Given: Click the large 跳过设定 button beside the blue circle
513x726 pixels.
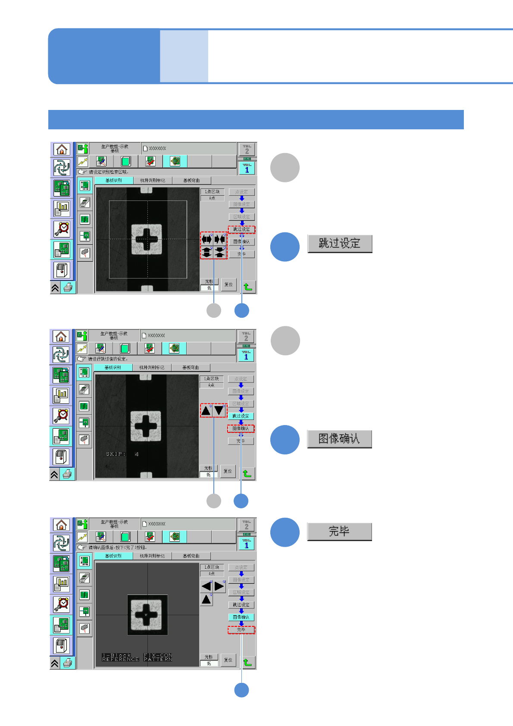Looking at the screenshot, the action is (340, 244).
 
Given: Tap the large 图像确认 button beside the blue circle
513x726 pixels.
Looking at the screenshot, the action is (339, 439).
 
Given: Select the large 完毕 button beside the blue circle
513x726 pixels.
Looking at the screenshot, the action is (339, 532).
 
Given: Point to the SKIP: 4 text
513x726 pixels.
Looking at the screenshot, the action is (122, 454).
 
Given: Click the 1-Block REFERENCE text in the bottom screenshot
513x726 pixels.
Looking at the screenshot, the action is (120, 657).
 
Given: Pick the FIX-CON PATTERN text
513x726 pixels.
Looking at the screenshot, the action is (158, 657).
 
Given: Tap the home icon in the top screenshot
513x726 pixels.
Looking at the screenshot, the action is (62, 149).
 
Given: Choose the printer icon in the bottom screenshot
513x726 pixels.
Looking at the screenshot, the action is (68, 663).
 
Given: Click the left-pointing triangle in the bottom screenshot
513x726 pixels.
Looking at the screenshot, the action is (206, 586).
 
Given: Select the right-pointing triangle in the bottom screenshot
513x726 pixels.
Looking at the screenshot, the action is (219, 586).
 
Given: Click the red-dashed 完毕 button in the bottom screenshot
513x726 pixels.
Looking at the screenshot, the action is (241, 630).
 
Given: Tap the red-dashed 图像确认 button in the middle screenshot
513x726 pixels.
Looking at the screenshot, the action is (241, 429).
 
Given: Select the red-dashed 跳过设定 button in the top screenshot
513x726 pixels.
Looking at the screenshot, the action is (241, 229).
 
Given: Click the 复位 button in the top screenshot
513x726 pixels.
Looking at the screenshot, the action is (228, 285).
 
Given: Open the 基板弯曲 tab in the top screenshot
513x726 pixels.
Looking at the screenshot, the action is (191, 180).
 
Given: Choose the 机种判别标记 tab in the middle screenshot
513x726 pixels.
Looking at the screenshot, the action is (152, 367).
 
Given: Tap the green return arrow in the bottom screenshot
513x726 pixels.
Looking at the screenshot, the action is (247, 662).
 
